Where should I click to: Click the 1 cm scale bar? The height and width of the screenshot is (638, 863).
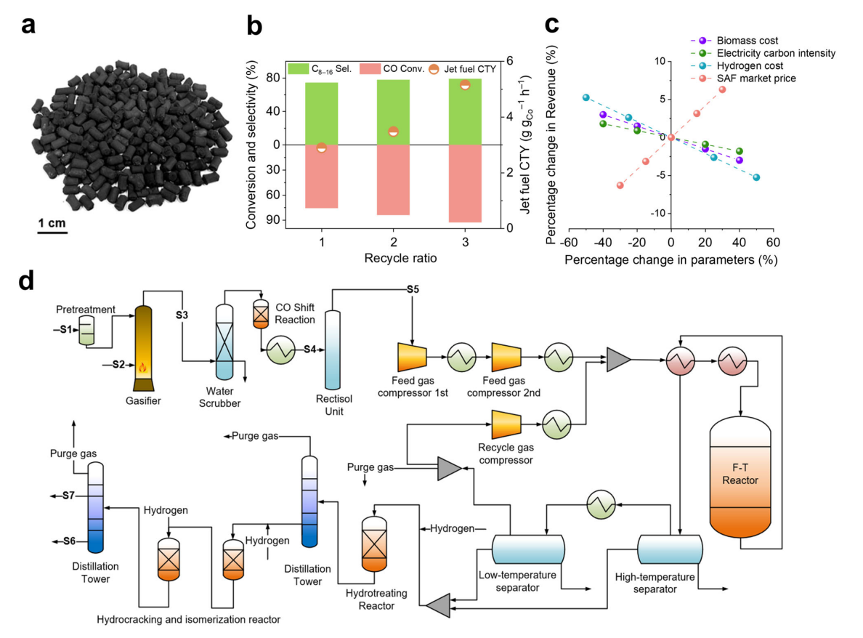pyautogui.click(x=52, y=233)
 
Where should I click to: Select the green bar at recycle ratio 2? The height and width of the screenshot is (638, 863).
pyautogui.click(x=393, y=113)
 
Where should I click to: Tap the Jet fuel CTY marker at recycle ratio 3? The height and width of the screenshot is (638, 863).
pyautogui.click(x=465, y=85)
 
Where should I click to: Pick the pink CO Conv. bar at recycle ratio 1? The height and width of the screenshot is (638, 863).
pyautogui.click(x=321, y=176)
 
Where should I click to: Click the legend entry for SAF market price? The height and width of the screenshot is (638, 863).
pyautogui.click(x=744, y=78)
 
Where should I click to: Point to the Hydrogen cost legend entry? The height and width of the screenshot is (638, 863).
pyautogui.click(x=737, y=66)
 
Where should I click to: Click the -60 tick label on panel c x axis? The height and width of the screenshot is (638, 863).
pyautogui.click(x=569, y=243)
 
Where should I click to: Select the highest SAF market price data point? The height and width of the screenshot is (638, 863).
pyautogui.click(x=722, y=89)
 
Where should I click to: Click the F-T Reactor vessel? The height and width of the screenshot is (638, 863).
pyautogui.click(x=740, y=477)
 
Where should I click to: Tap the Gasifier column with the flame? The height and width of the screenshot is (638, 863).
pyautogui.click(x=143, y=348)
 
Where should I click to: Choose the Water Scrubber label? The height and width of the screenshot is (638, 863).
pyautogui.click(x=219, y=397)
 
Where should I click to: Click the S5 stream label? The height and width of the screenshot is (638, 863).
pyautogui.click(x=413, y=289)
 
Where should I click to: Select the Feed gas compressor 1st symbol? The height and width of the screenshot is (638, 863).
pyautogui.click(x=412, y=357)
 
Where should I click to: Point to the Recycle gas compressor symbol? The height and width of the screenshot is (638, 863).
pyautogui.click(x=506, y=424)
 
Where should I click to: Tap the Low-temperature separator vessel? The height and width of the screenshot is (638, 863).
pyautogui.click(x=528, y=549)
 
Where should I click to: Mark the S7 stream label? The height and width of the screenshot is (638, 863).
pyautogui.click(x=68, y=496)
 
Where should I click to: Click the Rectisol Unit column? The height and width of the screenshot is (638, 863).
pyautogui.click(x=333, y=350)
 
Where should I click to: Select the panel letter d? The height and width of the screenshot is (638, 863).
pyautogui.click(x=26, y=280)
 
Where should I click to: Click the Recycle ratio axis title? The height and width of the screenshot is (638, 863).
pyautogui.click(x=401, y=258)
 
